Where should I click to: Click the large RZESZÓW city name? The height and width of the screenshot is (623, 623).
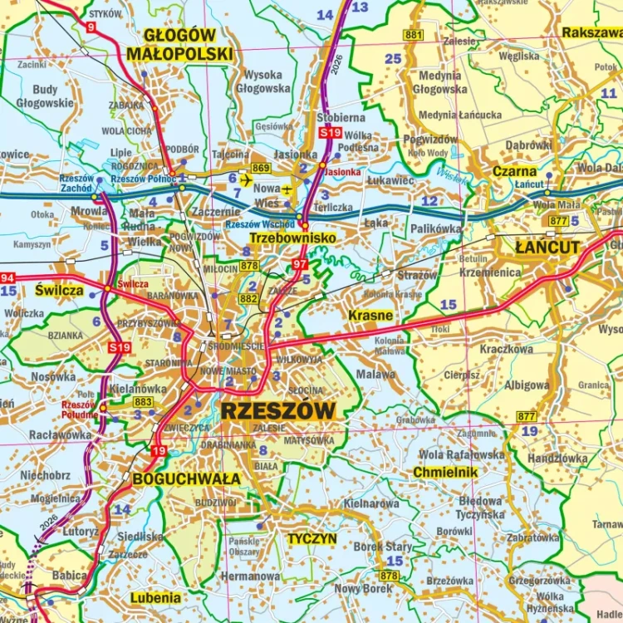click(x=278, y=410)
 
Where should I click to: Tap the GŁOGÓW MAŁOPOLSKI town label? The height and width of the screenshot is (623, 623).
click(x=179, y=45)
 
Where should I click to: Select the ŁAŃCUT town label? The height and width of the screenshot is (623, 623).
click(x=547, y=248)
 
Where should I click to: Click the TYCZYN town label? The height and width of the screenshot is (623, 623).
click(x=311, y=538)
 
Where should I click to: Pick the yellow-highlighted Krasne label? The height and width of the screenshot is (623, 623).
click(x=370, y=316)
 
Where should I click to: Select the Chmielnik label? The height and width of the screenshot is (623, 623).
click(x=445, y=473)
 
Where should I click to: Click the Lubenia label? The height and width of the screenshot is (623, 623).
click(x=155, y=597)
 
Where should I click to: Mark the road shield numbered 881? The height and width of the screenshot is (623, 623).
click(x=413, y=35)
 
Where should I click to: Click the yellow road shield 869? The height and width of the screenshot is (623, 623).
click(x=262, y=169)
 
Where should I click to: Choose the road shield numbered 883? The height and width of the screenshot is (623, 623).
click(x=142, y=402)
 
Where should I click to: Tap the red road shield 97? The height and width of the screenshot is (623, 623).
click(x=300, y=264)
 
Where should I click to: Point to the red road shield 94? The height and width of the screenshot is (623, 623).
click(x=7, y=278)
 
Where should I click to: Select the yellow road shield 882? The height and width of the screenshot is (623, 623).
click(x=248, y=298)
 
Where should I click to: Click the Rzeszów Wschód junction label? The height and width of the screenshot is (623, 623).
click(x=260, y=224)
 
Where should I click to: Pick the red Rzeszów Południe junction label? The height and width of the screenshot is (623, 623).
click(x=79, y=410)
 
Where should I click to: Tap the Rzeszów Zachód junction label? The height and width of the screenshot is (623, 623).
click(x=76, y=184)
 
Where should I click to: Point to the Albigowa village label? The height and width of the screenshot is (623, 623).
click(x=526, y=385)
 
